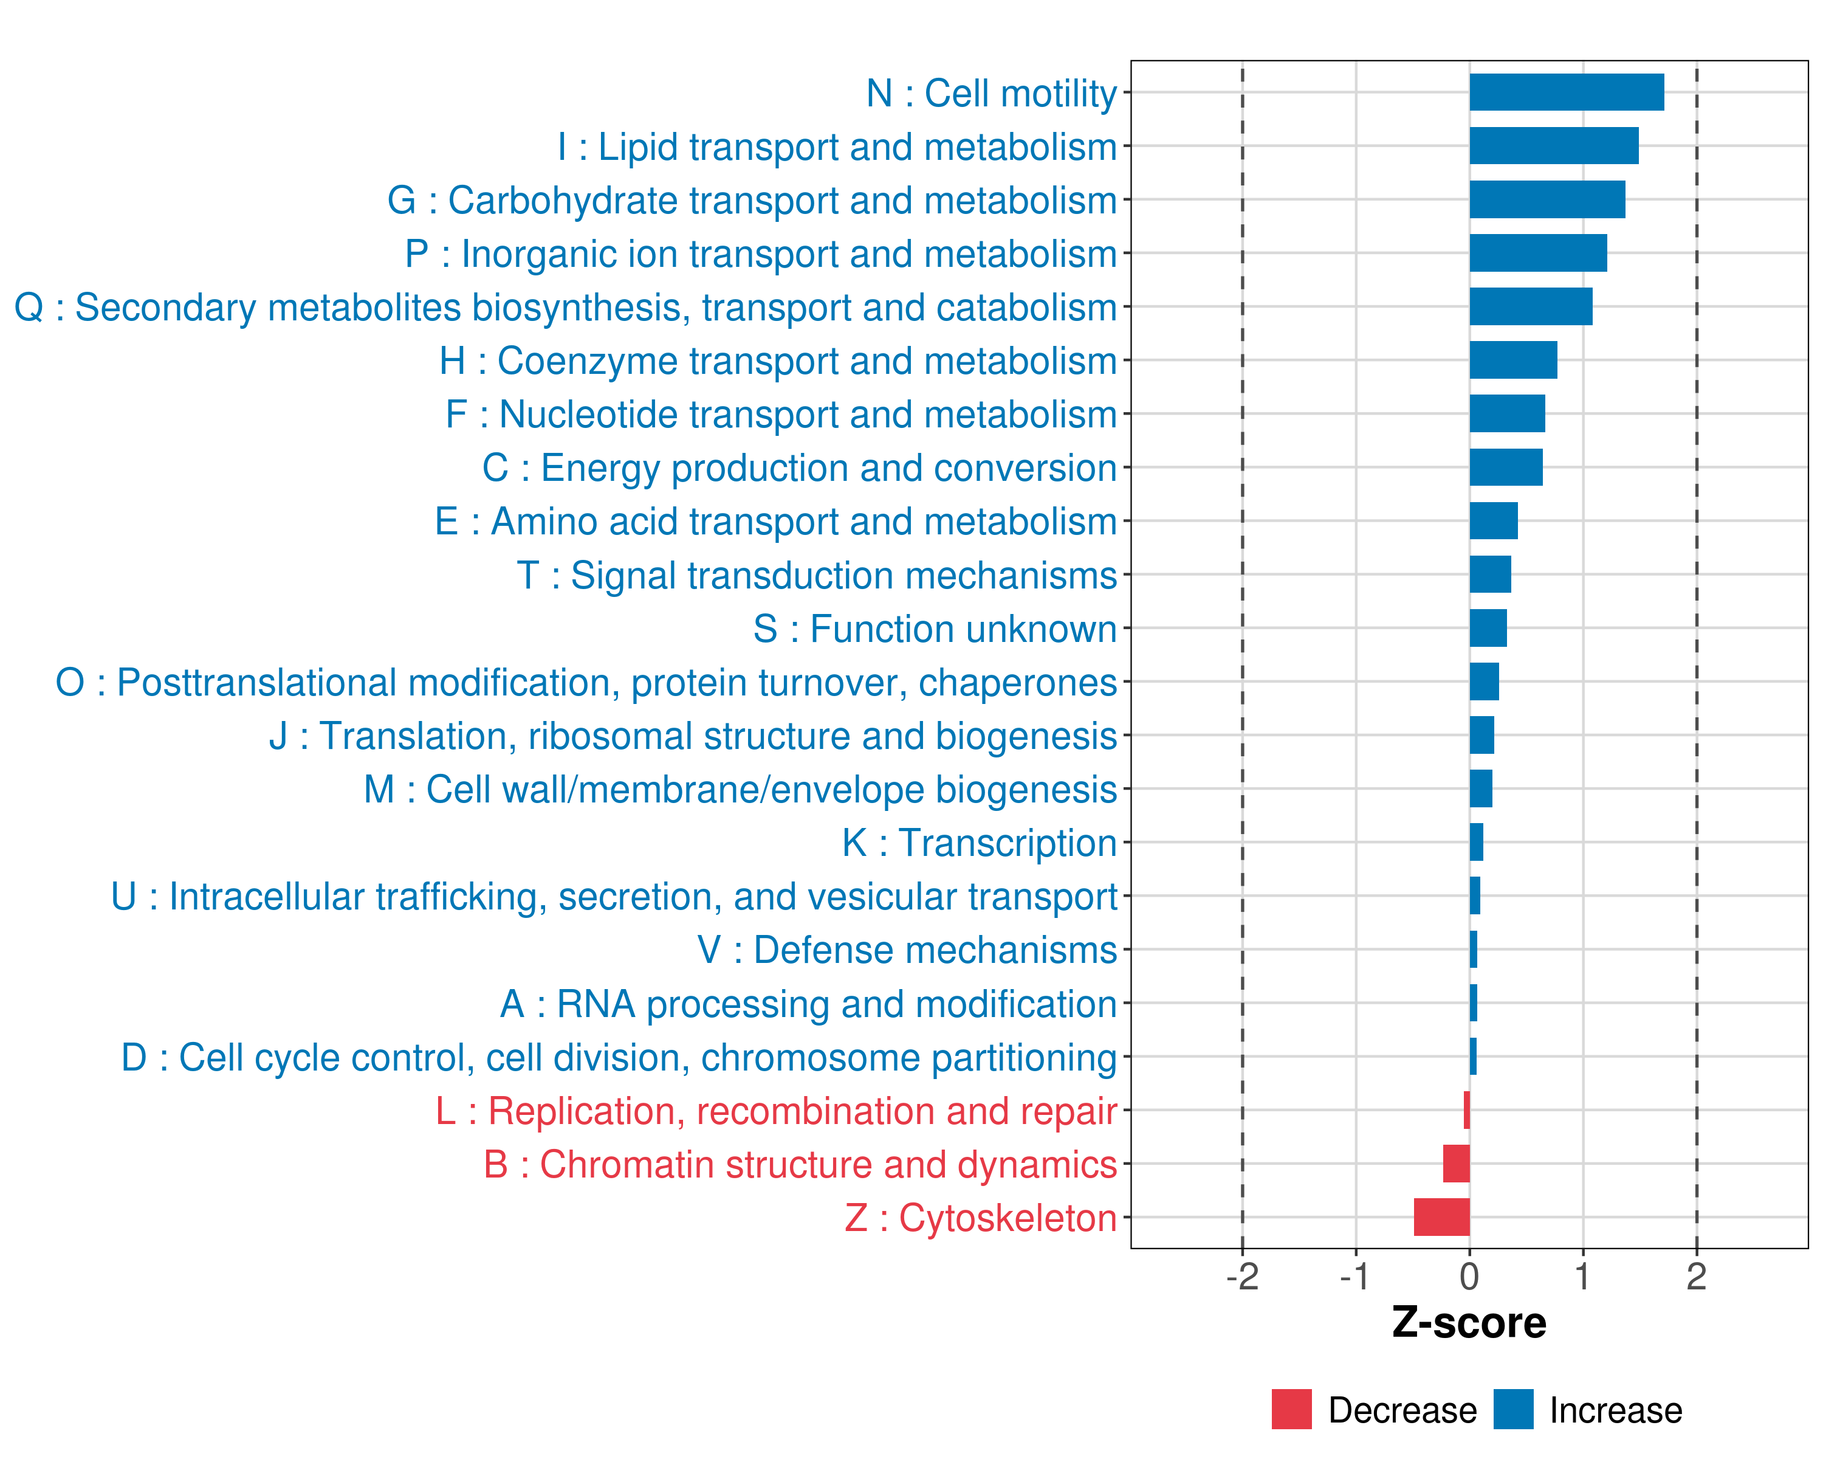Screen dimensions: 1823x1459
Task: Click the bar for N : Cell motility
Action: [x=1567, y=92]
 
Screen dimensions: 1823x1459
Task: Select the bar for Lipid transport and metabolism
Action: [x=1554, y=145]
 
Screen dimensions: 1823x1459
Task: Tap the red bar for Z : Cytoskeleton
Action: [x=1441, y=1217]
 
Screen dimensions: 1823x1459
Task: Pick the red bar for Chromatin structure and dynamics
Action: [x=1456, y=1164]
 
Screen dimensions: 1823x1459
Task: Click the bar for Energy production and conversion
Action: [x=1506, y=467]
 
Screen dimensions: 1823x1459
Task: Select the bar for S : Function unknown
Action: [x=1488, y=627]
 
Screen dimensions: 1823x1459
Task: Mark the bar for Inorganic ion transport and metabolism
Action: [x=1538, y=253]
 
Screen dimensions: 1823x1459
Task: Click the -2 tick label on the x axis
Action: [x=1242, y=1276]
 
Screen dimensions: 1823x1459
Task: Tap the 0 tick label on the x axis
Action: [x=1469, y=1276]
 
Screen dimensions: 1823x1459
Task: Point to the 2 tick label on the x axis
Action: [x=1696, y=1276]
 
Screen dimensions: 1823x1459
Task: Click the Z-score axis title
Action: [x=1469, y=1323]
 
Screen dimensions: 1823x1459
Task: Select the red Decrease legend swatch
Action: [x=1292, y=1409]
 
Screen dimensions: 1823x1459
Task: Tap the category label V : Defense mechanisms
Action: [x=907, y=950]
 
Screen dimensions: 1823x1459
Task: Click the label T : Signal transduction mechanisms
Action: [x=817, y=575]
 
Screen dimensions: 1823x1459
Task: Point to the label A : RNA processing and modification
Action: [x=808, y=1004]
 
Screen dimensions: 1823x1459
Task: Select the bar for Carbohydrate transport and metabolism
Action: [x=1547, y=199]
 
